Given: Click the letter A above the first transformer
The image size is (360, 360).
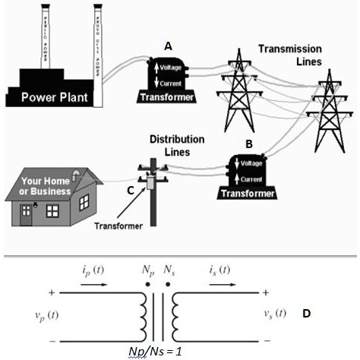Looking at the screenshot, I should coord(169,46).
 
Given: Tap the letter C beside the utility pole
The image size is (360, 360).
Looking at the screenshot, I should coord(130,190).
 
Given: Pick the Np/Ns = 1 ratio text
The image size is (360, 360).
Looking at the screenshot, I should coord(159,350).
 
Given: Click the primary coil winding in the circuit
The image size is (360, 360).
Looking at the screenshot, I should coord(141,314).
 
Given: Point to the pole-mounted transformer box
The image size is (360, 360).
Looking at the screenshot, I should coord(151,182).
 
